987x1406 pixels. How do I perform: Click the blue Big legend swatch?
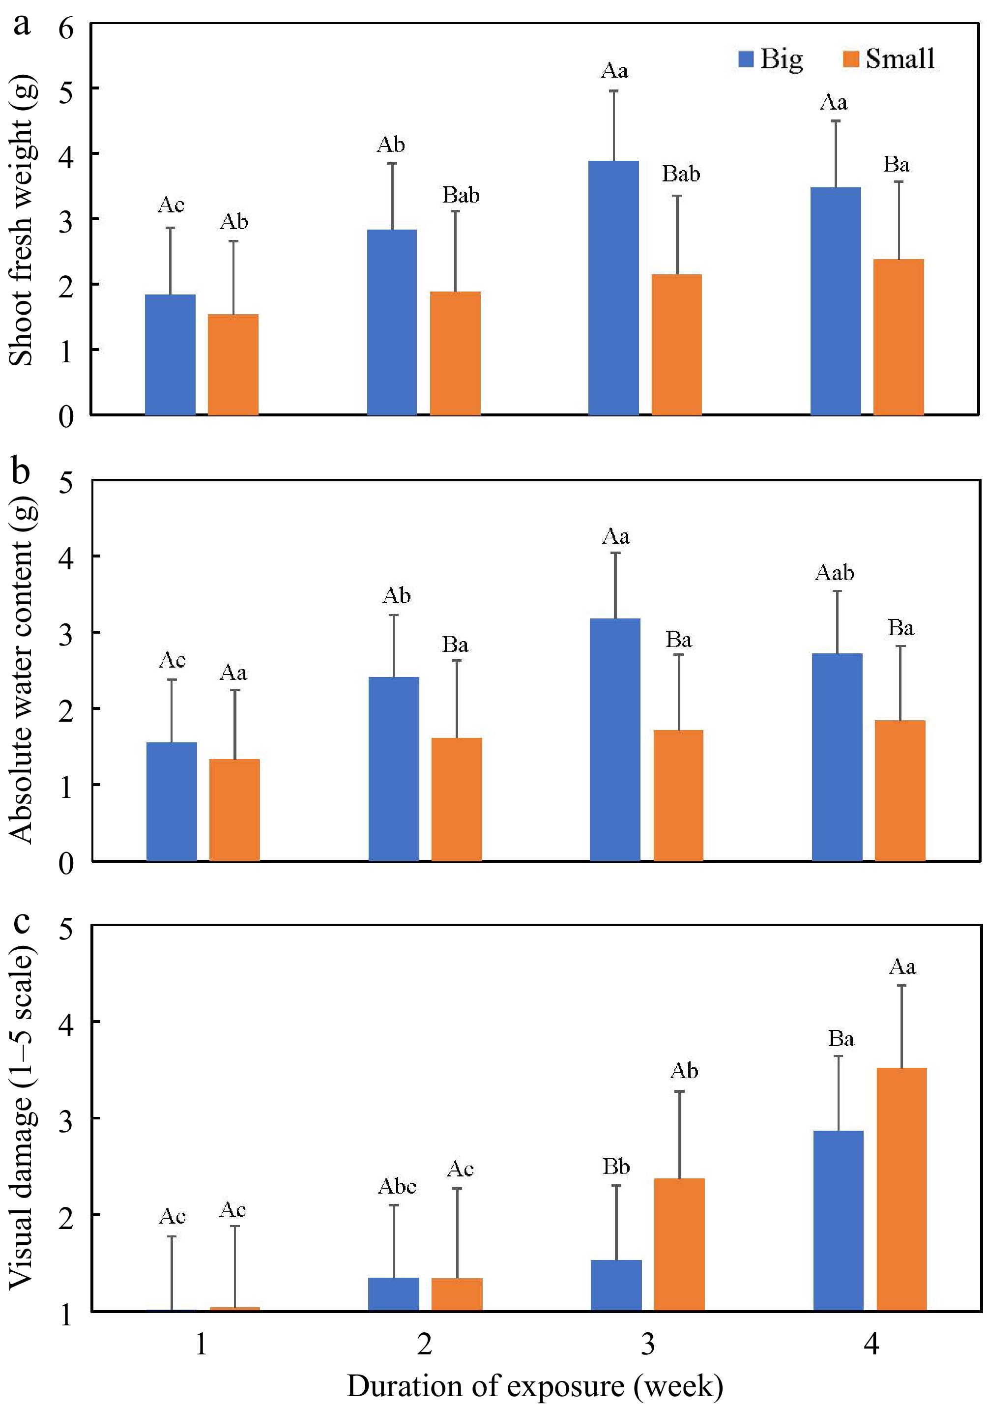[x=745, y=59]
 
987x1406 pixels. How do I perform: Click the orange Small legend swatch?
[x=851, y=59]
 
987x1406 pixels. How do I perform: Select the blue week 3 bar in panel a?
[x=613, y=288]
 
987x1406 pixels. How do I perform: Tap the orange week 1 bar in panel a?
[x=233, y=364]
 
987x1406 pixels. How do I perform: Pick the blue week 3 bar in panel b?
[x=615, y=740]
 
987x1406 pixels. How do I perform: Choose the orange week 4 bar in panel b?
[x=900, y=791]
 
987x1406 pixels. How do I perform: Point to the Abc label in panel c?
[x=397, y=1187]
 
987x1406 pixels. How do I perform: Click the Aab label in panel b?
[x=835, y=573]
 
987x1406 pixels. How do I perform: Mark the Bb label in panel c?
[x=616, y=1167]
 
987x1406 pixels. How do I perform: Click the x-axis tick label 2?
[x=424, y=1345]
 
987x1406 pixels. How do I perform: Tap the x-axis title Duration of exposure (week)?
[x=534, y=1386]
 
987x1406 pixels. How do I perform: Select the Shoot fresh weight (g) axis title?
[x=22, y=220]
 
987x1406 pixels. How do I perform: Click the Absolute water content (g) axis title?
[x=22, y=671]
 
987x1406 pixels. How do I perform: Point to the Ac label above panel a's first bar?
[x=171, y=205]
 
